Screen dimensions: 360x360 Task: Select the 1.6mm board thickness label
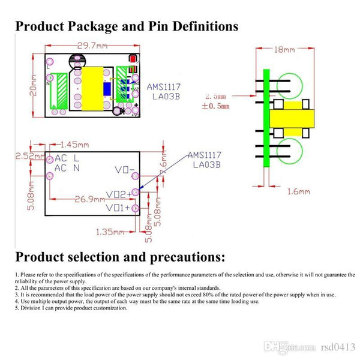[x=298, y=191]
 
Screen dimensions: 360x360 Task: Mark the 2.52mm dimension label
[x=28, y=157]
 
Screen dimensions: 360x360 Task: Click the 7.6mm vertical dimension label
[x=163, y=161]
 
